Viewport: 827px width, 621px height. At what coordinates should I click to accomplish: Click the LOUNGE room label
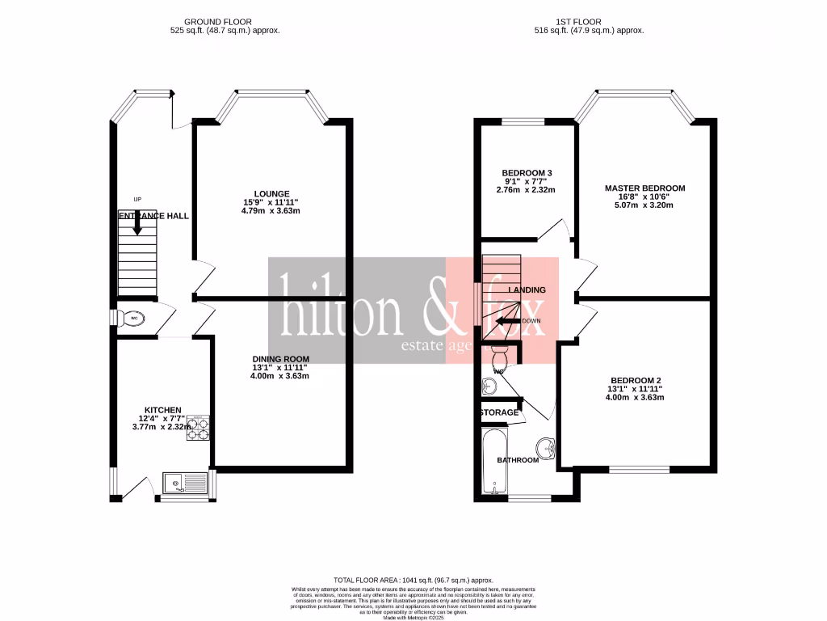pyautogui.click(x=272, y=193)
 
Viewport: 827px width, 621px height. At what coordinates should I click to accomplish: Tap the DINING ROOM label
pyautogui.click(x=280, y=358)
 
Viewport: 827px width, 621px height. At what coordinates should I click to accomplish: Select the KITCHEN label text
pyautogui.click(x=162, y=410)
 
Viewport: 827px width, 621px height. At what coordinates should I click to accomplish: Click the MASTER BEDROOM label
pyautogui.click(x=644, y=188)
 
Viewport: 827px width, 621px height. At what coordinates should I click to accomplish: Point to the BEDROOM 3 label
pyautogui.click(x=527, y=173)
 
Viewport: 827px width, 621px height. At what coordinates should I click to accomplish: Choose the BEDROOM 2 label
pyautogui.click(x=636, y=380)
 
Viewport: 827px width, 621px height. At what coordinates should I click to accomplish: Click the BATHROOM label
pyautogui.click(x=518, y=460)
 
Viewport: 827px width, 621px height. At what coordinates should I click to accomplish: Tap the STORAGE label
pyautogui.click(x=498, y=412)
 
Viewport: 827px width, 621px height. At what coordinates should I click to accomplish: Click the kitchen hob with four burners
pyautogui.click(x=199, y=429)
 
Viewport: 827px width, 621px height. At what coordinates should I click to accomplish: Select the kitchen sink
pyautogui.click(x=184, y=484)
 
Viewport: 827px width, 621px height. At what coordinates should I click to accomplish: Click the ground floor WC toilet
pyautogui.click(x=131, y=319)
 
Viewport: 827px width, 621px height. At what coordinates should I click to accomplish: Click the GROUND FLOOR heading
pyautogui.click(x=218, y=22)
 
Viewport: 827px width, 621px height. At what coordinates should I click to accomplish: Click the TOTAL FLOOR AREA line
pyautogui.click(x=413, y=580)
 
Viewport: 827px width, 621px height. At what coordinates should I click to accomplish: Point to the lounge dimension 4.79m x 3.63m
pyautogui.click(x=272, y=211)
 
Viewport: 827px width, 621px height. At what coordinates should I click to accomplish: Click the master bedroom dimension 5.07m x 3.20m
pyautogui.click(x=644, y=205)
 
